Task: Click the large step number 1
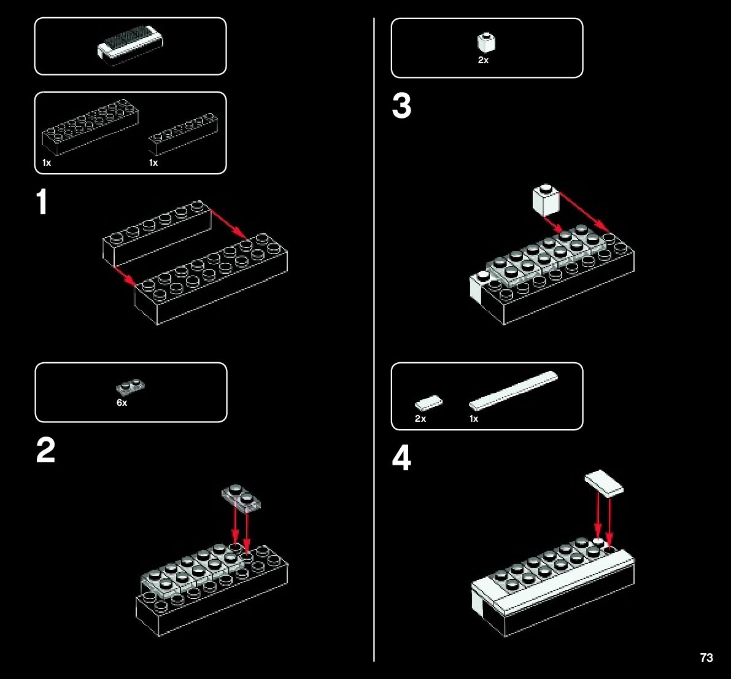click(42, 202)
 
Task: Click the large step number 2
click(45, 450)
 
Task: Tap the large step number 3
click(401, 106)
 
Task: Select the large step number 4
click(401, 458)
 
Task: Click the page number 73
click(706, 658)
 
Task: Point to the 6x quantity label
click(122, 403)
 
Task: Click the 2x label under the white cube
click(484, 60)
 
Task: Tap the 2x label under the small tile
click(420, 419)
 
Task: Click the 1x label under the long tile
click(474, 419)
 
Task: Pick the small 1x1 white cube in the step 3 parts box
click(486, 43)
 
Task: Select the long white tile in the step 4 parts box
click(513, 391)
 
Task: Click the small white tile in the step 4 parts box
click(428, 403)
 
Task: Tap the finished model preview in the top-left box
click(130, 45)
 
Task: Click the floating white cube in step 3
click(546, 200)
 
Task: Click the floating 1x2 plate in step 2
click(241, 498)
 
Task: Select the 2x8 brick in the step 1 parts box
click(90, 127)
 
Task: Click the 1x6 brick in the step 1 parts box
click(184, 133)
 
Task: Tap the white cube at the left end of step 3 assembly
click(479, 286)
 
